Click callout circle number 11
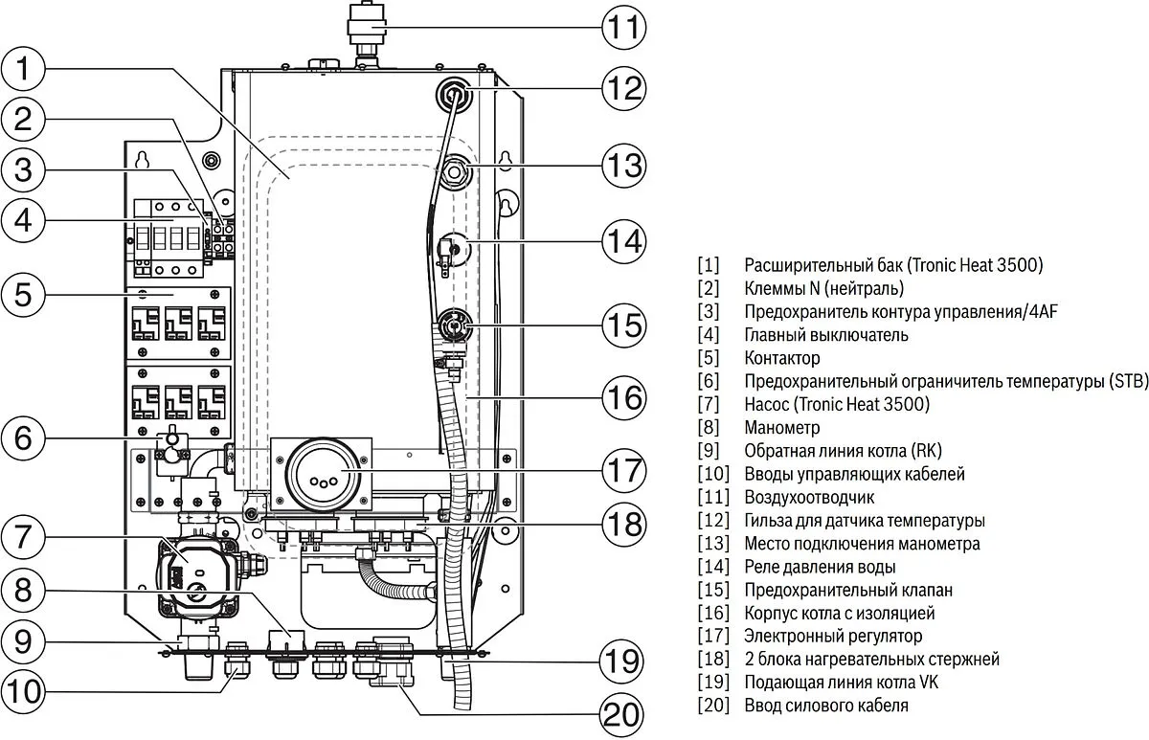[x=624, y=28]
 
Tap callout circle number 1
[x=25, y=70]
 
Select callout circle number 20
[x=621, y=714]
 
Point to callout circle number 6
[x=25, y=439]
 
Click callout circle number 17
[x=624, y=471]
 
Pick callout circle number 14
[x=624, y=240]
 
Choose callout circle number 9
[x=25, y=640]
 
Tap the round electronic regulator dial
[x=320, y=472]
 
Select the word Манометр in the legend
[x=781, y=428]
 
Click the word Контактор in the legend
[x=781, y=358]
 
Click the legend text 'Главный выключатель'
[x=825, y=335]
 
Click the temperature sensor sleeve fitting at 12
[x=453, y=95]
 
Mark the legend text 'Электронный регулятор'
[x=833, y=636]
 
